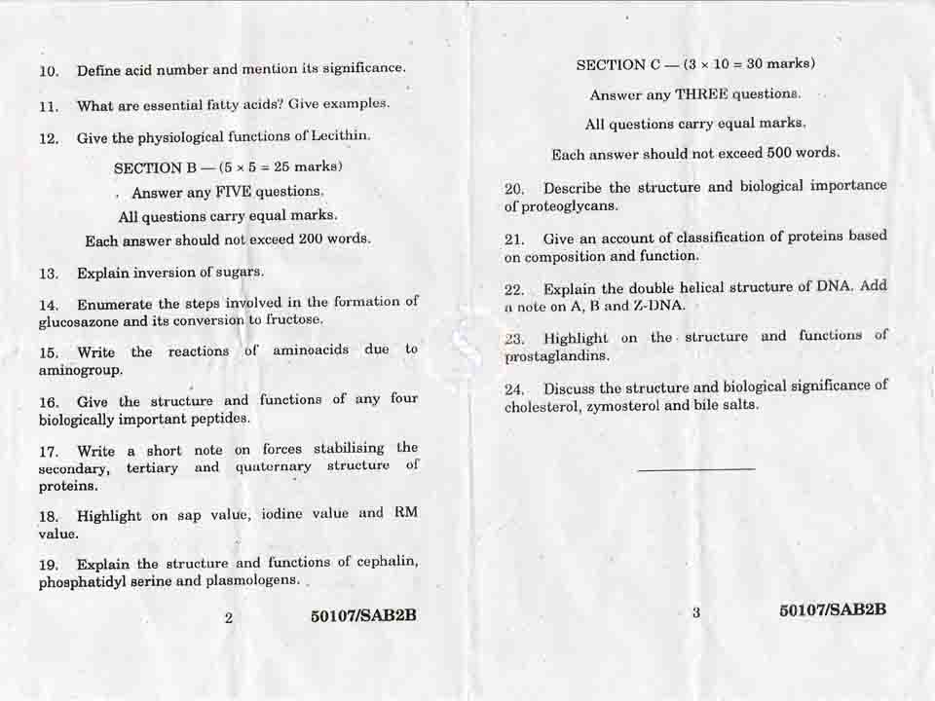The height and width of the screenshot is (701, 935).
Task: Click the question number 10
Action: tap(49, 71)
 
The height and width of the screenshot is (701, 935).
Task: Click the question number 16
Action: tap(49, 402)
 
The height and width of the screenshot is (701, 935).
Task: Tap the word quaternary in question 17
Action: tap(274, 466)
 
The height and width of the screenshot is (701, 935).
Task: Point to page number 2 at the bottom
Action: tap(228, 617)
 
